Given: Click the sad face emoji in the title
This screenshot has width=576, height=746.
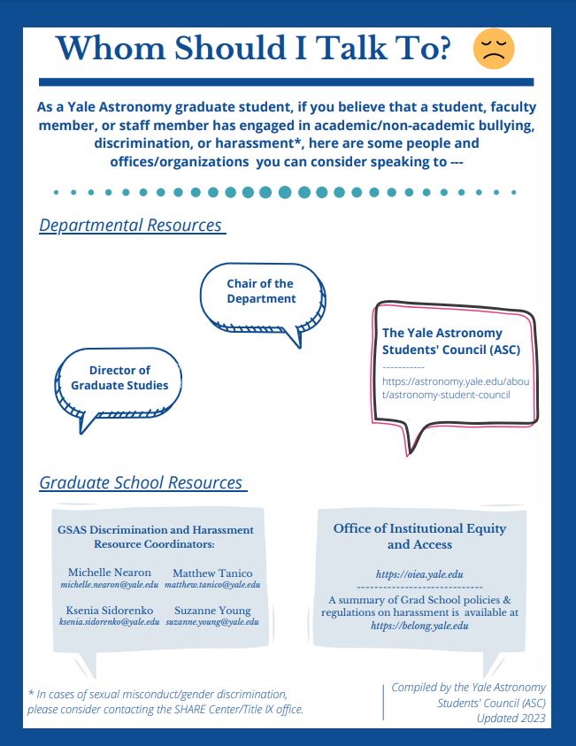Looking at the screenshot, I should (494, 49).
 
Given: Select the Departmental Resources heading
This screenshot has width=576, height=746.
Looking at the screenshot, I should (130, 226).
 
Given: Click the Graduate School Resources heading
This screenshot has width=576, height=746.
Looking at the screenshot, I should (141, 483).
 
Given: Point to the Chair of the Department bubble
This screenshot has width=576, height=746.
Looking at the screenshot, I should (260, 291).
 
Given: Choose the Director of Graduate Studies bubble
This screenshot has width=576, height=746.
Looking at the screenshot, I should (119, 378).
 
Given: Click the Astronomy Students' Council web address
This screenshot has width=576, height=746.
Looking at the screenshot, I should (457, 388).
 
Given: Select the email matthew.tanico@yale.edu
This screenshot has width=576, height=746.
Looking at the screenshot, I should (212, 585).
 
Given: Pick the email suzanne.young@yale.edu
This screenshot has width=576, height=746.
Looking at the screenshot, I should (212, 622).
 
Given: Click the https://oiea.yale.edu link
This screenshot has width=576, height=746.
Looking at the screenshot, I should (419, 574).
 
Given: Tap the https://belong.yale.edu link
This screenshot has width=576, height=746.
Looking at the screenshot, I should (419, 625).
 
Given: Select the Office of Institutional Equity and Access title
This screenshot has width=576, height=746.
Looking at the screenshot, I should (419, 536).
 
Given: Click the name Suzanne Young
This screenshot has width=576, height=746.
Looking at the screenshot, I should (212, 611).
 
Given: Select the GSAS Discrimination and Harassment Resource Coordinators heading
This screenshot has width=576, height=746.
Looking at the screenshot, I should (155, 536).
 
